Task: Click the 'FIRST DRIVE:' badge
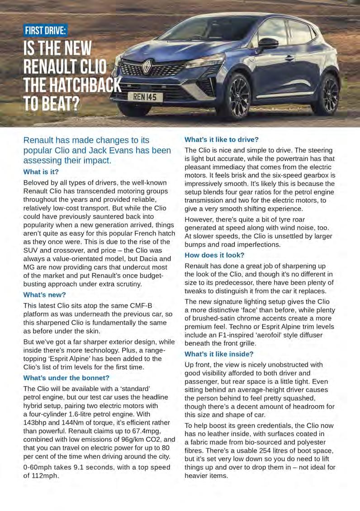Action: pyautogui.click(x=46, y=31)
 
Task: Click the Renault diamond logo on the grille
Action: pyautogui.click(x=147, y=67)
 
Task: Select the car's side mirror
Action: pyautogui.click(x=268, y=43)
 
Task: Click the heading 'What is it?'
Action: pyautogui.click(x=41, y=172)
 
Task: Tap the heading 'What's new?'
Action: pyautogui.click(x=45, y=295)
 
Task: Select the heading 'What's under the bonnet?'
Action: pyautogui.click(x=66, y=377)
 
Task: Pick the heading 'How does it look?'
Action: pyautogui.click(x=214, y=255)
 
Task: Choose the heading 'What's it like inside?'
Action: pyautogui.click(x=219, y=353)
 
